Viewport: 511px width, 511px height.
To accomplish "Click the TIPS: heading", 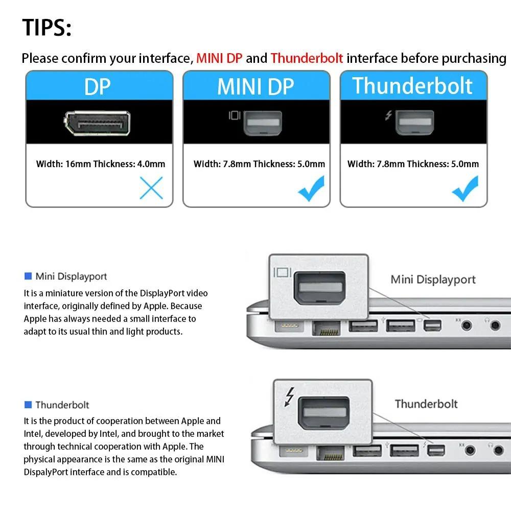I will click(47, 28).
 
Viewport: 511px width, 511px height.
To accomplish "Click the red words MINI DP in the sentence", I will click(220, 58).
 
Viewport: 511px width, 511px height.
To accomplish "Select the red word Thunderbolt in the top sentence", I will click(307, 58).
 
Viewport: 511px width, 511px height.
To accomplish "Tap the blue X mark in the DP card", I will click(151, 188).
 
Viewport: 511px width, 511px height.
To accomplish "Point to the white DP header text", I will click(98, 86).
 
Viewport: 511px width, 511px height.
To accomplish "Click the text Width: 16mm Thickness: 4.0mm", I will click(101, 164).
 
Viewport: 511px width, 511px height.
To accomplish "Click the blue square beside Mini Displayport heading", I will click(28, 276).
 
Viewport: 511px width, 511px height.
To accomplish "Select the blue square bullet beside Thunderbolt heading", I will click(28, 405).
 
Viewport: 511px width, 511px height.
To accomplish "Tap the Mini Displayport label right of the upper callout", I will click(433, 280).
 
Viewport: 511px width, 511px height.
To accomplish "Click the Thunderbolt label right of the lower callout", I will click(426, 404).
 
